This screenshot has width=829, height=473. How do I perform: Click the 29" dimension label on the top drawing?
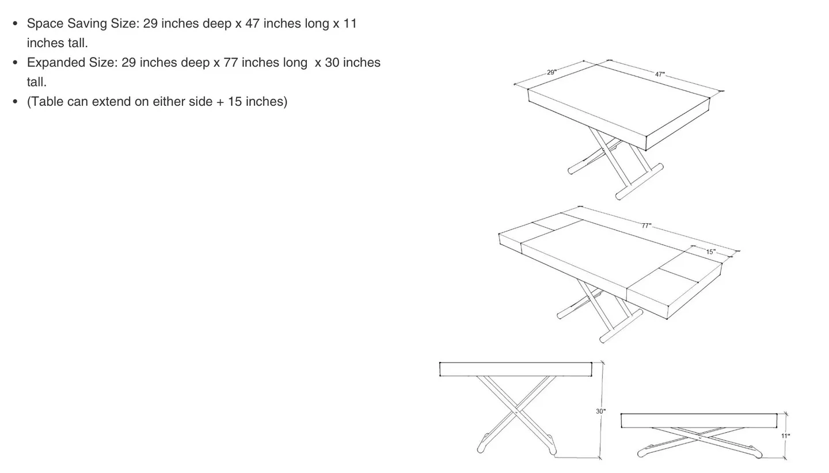point(552,73)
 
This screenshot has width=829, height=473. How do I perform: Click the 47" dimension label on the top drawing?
point(660,74)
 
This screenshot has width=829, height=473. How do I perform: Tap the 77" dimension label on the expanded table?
point(647,226)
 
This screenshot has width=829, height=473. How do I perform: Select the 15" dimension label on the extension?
point(711,252)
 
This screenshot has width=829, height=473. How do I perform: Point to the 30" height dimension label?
point(600,411)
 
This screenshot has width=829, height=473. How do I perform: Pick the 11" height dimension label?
point(785,436)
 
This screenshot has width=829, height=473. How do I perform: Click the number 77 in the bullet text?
point(231,62)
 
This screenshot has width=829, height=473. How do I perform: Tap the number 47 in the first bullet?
point(252,24)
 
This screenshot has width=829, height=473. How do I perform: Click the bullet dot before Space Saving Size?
point(15,24)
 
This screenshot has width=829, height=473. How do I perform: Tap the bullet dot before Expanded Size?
point(15,62)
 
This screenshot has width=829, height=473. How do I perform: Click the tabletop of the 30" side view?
point(515,369)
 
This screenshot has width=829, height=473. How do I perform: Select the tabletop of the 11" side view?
point(698,421)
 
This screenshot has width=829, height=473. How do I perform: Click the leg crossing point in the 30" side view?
point(516,412)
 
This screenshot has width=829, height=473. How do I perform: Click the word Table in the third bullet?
point(47,102)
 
